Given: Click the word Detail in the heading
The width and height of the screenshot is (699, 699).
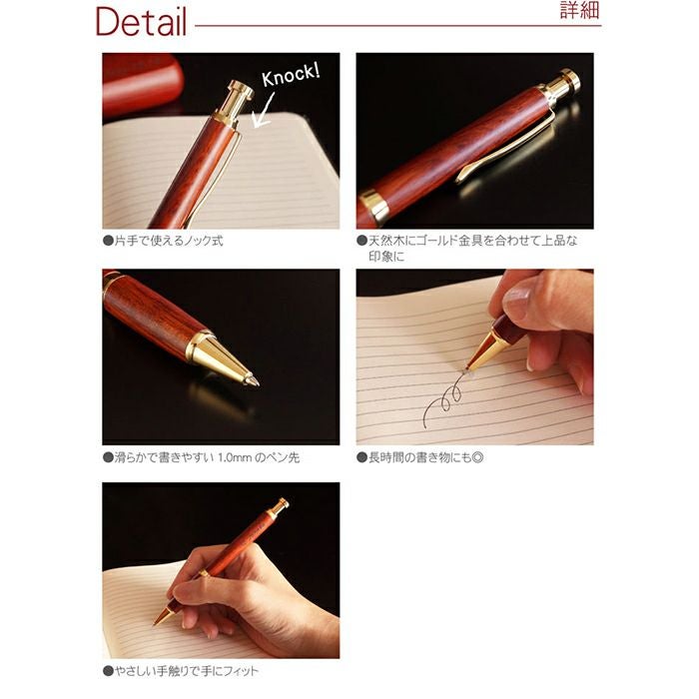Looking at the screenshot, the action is [141, 22].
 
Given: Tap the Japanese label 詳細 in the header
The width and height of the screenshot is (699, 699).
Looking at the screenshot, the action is [579, 10].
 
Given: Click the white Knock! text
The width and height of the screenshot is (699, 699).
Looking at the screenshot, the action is [291, 75].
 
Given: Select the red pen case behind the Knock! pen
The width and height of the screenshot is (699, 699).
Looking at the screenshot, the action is [142, 84].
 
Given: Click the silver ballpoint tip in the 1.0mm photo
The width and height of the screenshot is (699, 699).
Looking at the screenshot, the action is [253, 380].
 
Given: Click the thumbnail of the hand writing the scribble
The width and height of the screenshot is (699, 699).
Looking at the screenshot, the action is [474, 356].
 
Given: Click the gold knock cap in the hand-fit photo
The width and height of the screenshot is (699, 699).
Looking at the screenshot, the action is [279, 507].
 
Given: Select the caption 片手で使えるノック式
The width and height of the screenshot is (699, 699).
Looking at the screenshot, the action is [163, 241].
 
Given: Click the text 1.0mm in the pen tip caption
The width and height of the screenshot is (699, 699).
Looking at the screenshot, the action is [235, 457].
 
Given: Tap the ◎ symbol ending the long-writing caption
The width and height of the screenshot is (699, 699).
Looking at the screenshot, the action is [477, 457].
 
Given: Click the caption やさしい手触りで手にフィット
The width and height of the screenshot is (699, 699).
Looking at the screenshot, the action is [181, 671].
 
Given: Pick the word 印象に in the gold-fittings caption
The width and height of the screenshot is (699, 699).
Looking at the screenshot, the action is [386, 257].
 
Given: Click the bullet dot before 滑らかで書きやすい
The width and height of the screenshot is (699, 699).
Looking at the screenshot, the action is [108, 457].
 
